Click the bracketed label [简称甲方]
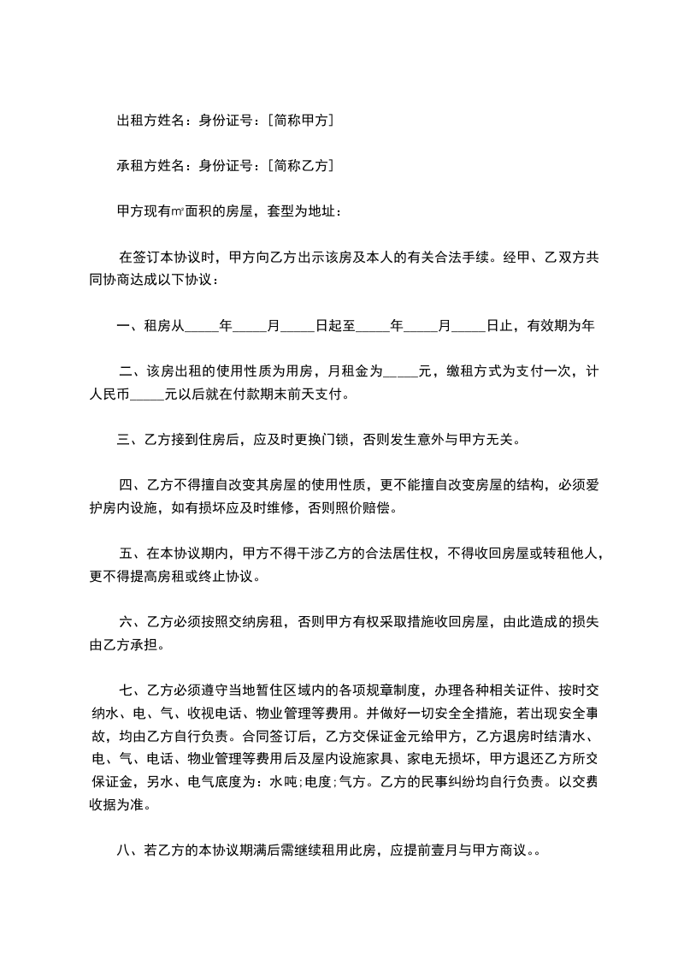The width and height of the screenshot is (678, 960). pyautogui.click(x=300, y=121)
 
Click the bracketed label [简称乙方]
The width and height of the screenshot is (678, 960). pyautogui.click(x=300, y=165)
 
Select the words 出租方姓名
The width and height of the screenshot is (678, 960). pyautogui.click(x=150, y=121)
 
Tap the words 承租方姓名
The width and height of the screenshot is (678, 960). pyautogui.click(x=150, y=165)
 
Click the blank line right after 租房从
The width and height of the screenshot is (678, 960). pyautogui.click(x=202, y=326)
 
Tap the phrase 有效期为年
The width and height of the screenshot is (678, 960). pyautogui.click(x=560, y=326)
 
